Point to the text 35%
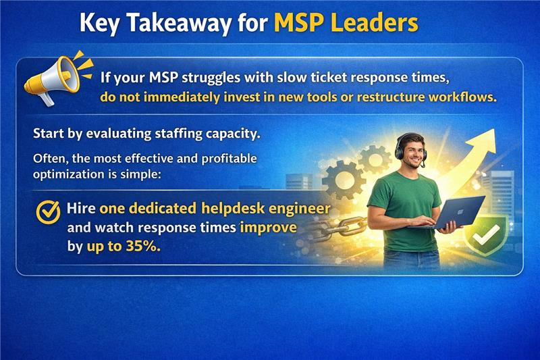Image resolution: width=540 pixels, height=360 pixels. [142, 247]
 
